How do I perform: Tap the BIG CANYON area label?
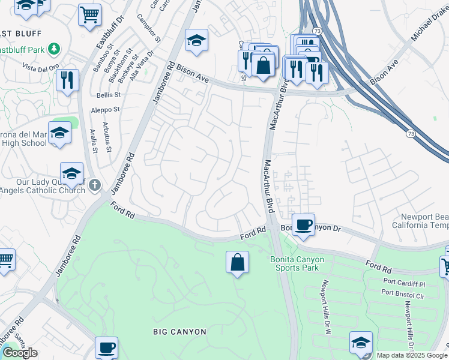point(179,332)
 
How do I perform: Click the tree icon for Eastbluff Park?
point(55,48)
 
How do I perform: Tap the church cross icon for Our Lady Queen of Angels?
point(94,185)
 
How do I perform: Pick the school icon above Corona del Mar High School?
point(59,133)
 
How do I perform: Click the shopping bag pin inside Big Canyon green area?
point(237,262)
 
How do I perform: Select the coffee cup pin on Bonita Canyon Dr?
point(304,224)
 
